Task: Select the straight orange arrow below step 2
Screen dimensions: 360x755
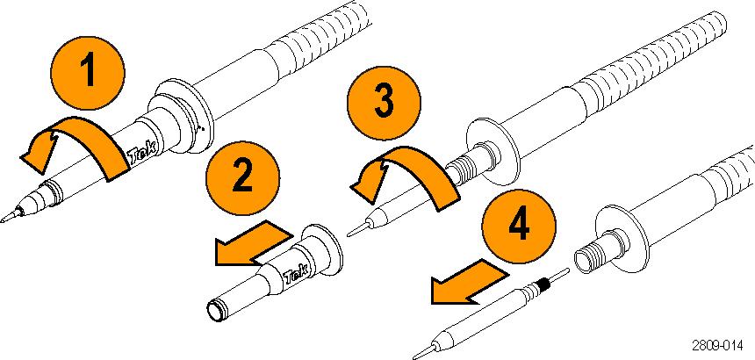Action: [x=250, y=242]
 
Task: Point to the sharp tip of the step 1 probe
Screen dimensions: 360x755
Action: [x=5, y=220]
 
